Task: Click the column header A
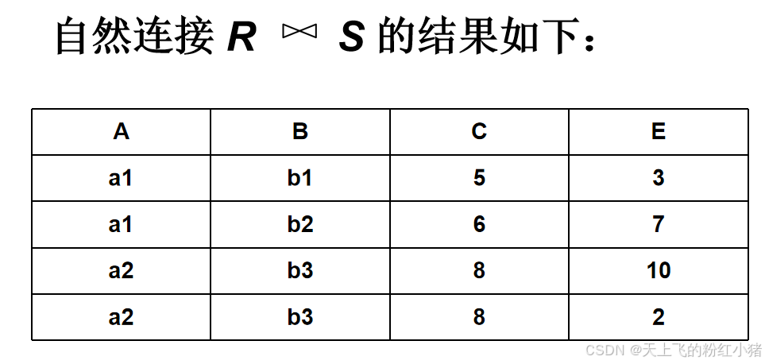(x=121, y=132)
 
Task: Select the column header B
(x=300, y=132)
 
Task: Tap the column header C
(x=479, y=132)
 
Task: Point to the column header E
(x=659, y=132)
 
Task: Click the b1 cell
(x=300, y=178)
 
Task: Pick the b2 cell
(x=300, y=225)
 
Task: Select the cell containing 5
(x=479, y=178)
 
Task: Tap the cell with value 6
(x=479, y=225)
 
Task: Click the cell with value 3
(x=659, y=178)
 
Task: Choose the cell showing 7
(x=659, y=225)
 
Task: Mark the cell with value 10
(x=659, y=271)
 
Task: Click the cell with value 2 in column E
(x=659, y=318)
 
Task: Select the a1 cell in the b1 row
(x=121, y=178)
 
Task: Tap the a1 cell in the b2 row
(x=121, y=225)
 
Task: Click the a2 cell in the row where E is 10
(x=121, y=271)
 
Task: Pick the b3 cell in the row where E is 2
(x=300, y=318)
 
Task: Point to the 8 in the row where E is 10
(x=479, y=271)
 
